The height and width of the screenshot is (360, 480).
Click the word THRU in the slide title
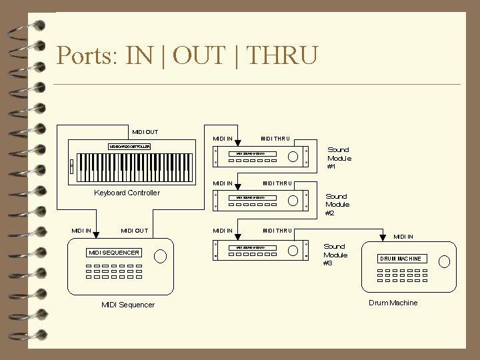[282, 55]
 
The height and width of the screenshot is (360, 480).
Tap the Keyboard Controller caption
[127, 193]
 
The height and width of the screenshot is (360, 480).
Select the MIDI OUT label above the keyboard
[145, 132]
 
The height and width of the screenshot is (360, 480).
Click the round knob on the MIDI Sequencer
[160, 256]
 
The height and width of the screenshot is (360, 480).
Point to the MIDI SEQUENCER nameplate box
[115, 253]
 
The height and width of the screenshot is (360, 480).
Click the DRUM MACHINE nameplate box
[401, 259]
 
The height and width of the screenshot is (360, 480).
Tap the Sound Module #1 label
[339, 158]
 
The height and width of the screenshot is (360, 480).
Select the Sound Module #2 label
[337, 205]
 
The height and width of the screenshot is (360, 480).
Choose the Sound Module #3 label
[335, 255]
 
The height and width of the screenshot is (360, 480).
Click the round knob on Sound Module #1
[293, 157]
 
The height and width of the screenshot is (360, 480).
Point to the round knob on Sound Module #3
[293, 250]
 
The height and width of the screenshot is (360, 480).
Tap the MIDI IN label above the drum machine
[403, 236]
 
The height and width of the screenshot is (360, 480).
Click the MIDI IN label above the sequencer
[81, 231]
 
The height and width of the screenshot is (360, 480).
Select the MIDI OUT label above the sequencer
[135, 231]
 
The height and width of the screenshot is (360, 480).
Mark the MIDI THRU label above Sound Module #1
[275, 139]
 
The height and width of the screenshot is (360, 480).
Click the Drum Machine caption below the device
[393, 303]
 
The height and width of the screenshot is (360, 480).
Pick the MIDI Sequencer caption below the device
[128, 305]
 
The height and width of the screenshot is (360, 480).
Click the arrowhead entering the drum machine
[383, 239]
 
